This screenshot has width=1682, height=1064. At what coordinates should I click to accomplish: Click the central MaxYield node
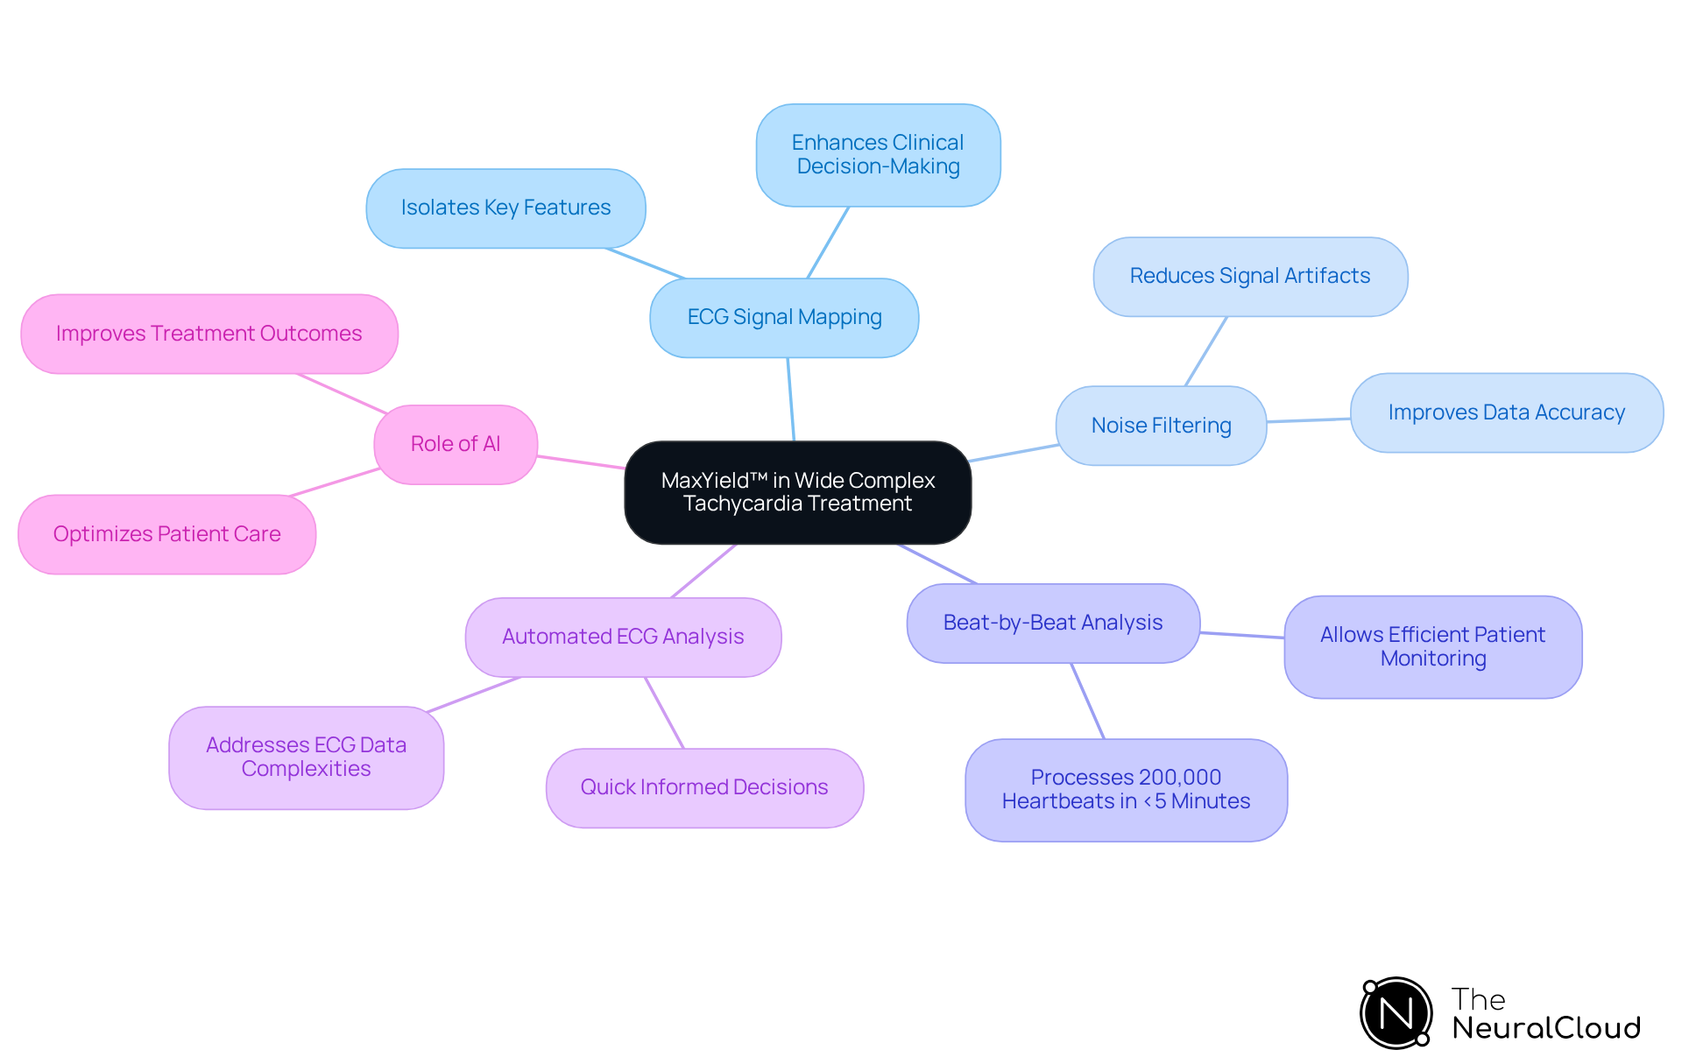797,492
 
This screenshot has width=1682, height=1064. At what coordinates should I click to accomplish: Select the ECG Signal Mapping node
784,317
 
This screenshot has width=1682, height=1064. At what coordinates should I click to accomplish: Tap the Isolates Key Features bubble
505,208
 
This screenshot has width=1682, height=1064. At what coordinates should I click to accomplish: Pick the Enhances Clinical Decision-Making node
878,155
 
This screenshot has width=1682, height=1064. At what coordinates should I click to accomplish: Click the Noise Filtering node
1161,426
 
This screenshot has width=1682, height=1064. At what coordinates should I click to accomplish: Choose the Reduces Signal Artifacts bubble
1249,276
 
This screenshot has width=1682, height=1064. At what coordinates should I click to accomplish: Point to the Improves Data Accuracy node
1506,412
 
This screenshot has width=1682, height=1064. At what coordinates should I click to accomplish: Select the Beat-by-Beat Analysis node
1052,623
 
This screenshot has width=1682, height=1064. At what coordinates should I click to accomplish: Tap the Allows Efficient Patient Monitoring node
1432,646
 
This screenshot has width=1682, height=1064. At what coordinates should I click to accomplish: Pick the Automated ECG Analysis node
623,637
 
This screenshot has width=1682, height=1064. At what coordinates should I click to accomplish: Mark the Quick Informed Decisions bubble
704,787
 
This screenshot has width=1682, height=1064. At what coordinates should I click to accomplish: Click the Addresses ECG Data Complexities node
306,757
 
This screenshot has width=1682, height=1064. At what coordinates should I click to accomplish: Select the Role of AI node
456,444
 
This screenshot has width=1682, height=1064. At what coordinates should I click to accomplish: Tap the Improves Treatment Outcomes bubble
208,334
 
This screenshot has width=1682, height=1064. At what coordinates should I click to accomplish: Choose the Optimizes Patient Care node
166,534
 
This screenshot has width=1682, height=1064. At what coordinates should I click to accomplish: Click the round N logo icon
1396,1013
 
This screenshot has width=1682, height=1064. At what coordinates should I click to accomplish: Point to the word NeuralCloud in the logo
1546,1028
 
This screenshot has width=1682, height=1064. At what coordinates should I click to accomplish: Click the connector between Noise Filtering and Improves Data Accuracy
1309,420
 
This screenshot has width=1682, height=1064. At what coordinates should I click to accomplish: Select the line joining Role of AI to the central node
581,462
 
